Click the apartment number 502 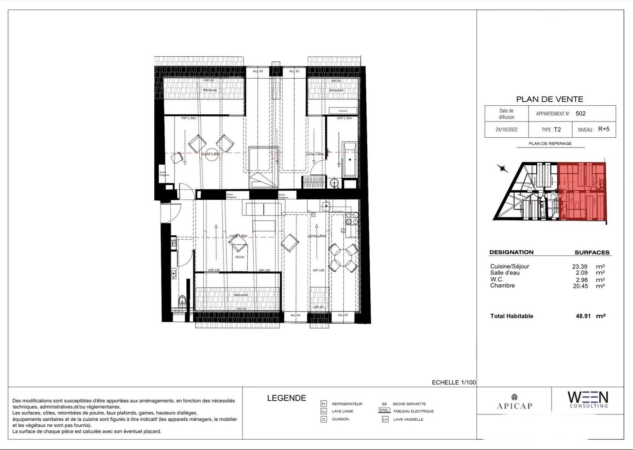click(x=580, y=113)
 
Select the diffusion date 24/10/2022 click(x=506, y=130)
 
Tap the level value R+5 click(x=604, y=129)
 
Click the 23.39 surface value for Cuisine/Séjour click(x=579, y=266)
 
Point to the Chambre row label click(x=502, y=286)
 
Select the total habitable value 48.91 click(x=583, y=316)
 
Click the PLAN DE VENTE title click(x=549, y=99)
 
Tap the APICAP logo click(x=514, y=402)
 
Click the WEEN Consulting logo click(x=588, y=400)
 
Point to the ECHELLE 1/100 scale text click(x=453, y=382)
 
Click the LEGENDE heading click(x=286, y=398)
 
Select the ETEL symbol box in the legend click(x=384, y=411)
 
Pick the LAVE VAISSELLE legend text click(x=408, y=419)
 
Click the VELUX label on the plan click(x=239, y=257)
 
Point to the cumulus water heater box click(x=343, y=110)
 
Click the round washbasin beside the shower click(x=334, y=183)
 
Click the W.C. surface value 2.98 click(x=581, y=279)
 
